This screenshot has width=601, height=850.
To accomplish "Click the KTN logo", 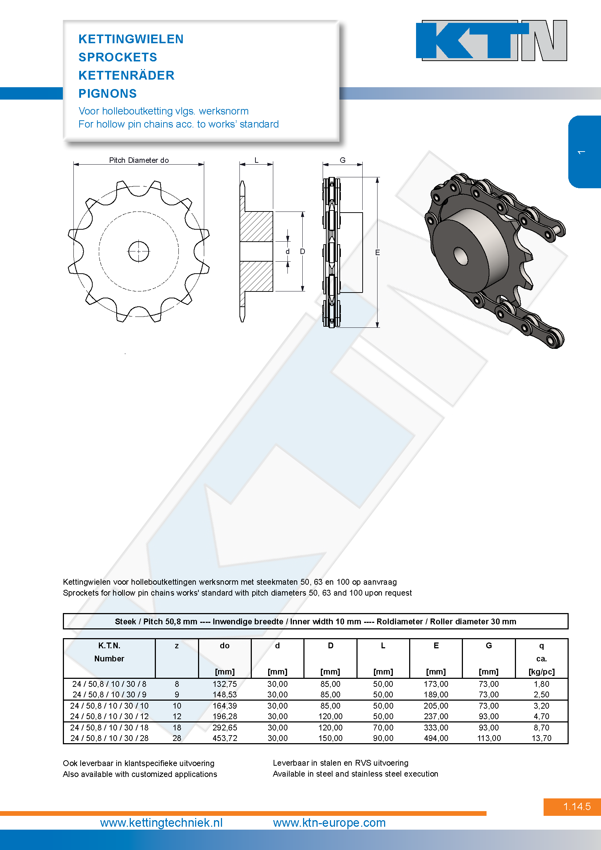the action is [491, 40].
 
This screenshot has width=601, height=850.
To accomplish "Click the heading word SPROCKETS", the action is [118, 57].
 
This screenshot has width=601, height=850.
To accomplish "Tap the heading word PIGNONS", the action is [107, 93].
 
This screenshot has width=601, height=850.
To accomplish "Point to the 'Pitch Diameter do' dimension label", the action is [139, 160].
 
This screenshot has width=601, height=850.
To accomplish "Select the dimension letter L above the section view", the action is [256, 160].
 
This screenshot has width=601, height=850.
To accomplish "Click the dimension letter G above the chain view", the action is [343, 160].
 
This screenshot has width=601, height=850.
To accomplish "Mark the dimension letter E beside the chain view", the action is [378, 252].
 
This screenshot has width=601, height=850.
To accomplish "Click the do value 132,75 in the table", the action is [225, 684].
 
